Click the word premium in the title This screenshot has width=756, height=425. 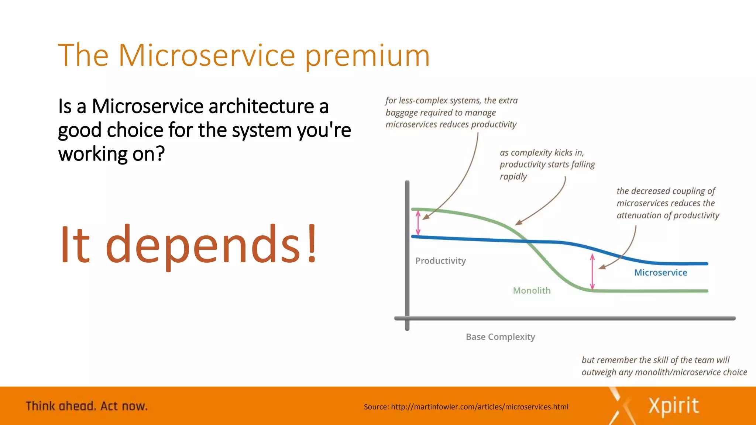pyautogui.click(x=367, y=56)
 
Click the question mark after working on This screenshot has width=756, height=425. pyautogui.click(x=160, y=154)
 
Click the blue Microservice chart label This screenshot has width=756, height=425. pyautogui.click(x=660, y=273)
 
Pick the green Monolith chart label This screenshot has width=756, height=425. pyautogui.click(x=532, y=291)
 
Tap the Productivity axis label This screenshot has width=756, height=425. pyautogui.click(x=440, y=261)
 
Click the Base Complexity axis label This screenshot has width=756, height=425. pyautogui.click(x=500, y=337)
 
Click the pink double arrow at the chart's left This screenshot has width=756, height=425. pyautogui.click(x=418, y=223)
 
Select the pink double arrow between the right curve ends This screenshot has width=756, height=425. pyautogui.click(x=592, y=272)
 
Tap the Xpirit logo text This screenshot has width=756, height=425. pyautogui.click(x=673, y=406)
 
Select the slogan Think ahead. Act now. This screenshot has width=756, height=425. pyautogui.click(x=87, y=406)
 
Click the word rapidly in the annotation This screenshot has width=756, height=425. pyautogui.click(x=513, y=177)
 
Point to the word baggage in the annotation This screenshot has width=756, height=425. pyautogui.click(x=401, y=113)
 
